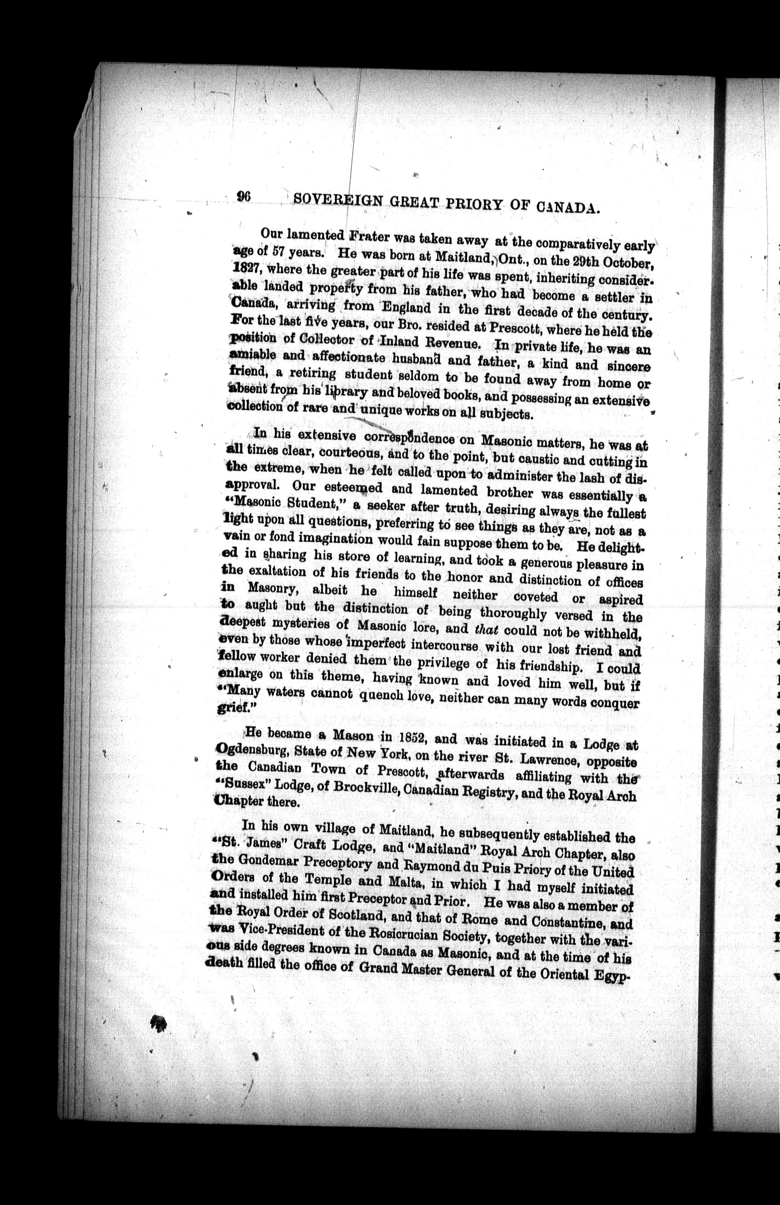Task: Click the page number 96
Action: point(243,198)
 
